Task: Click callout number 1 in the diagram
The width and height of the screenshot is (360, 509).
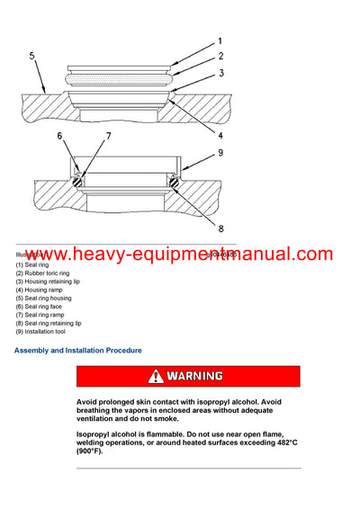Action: [220, 40]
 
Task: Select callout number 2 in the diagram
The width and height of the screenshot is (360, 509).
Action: [220, 56]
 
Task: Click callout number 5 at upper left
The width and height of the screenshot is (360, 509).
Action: [32, 56]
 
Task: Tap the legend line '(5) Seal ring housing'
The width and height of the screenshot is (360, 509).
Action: [43, 298]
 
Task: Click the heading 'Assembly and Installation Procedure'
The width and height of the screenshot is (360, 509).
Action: [77, 350]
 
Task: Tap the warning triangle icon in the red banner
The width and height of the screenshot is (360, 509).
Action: [157, 376]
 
